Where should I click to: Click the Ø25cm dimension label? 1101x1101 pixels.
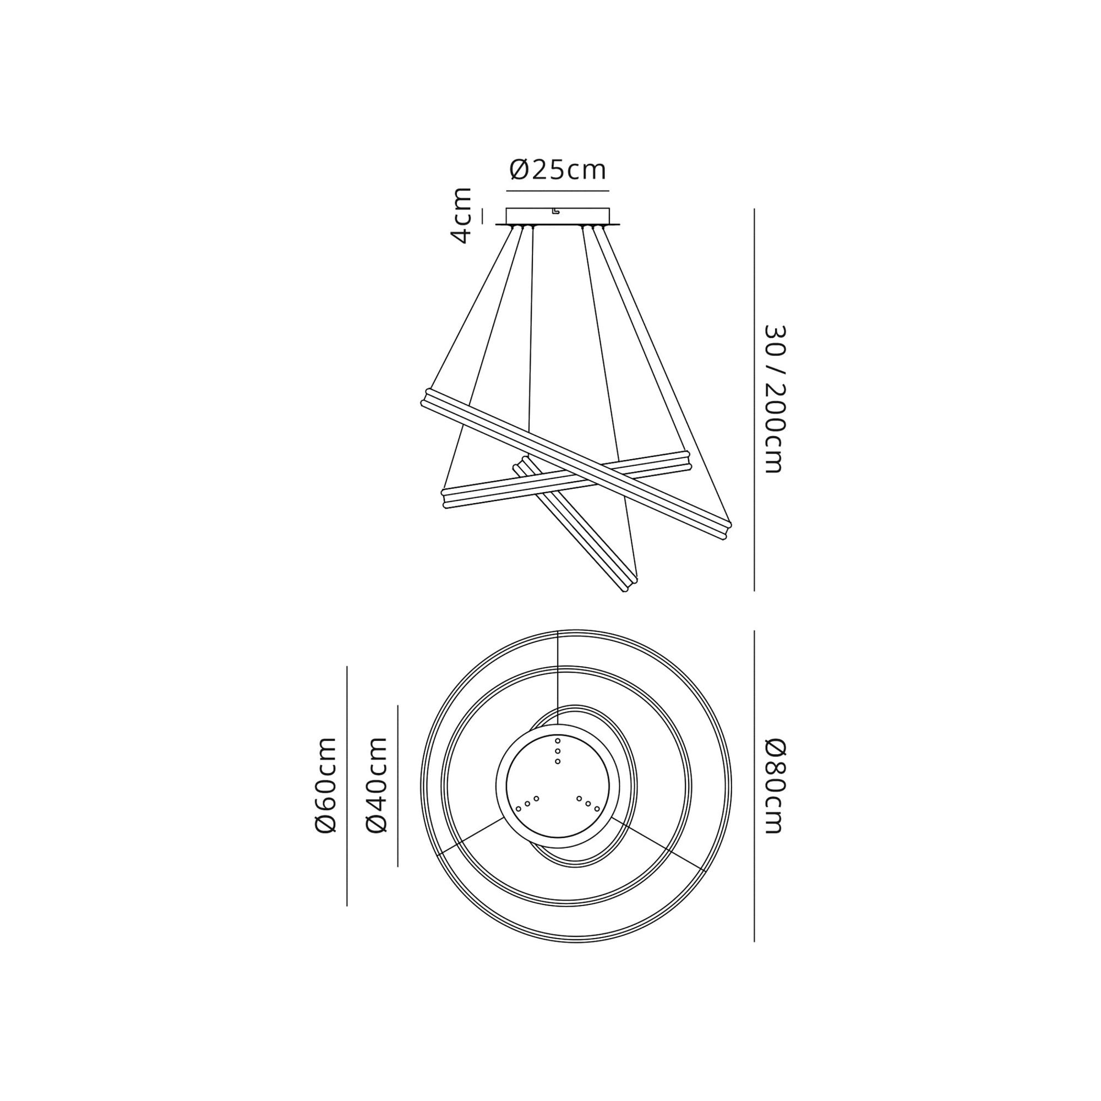coord(557,170)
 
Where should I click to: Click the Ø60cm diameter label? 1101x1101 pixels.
coord(326,786)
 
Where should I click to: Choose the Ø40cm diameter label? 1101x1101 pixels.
coord(377,786)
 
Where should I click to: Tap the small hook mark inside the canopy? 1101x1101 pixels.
coord(555,211)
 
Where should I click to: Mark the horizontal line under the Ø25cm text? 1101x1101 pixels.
coord(557,190)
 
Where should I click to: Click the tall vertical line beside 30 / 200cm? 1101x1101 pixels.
coord(754,399)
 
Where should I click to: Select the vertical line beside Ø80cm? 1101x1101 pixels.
coord(754,787)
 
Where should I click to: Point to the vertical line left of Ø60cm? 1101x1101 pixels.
coord(346,786)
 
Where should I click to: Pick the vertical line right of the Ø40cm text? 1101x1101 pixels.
coord(397,786)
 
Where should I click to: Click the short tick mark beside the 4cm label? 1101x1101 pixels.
coord(482,216)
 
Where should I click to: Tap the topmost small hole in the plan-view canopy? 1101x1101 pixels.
coord(557,741)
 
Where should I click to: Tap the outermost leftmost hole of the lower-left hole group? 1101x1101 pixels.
coord(518,809)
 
